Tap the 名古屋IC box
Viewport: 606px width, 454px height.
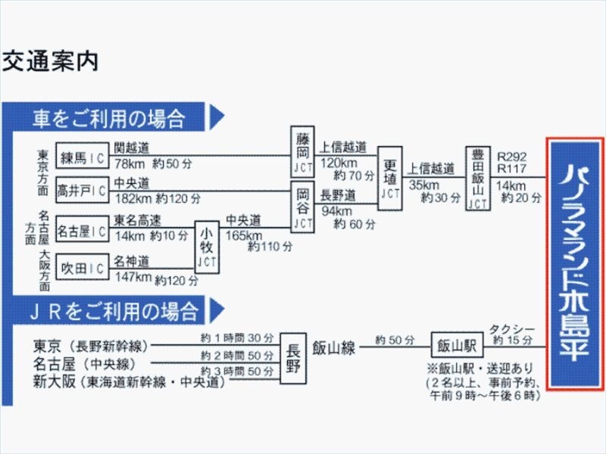tap(83, 232)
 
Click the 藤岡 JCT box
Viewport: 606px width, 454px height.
tap(302, 152)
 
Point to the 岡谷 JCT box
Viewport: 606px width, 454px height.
tap(302, 206)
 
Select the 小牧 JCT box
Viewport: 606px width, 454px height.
tap(207, 247)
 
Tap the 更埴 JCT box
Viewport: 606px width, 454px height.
tap(389, 178)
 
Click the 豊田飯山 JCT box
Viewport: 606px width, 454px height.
tap(477, 178)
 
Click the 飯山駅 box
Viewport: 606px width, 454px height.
tap(457, 347)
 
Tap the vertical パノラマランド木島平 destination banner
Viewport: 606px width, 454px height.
tap(575, 263)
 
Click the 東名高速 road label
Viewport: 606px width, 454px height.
tap(139, 220)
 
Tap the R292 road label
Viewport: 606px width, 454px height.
tap(512, 157)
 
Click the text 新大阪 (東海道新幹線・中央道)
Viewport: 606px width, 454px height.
tap(130, 382)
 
